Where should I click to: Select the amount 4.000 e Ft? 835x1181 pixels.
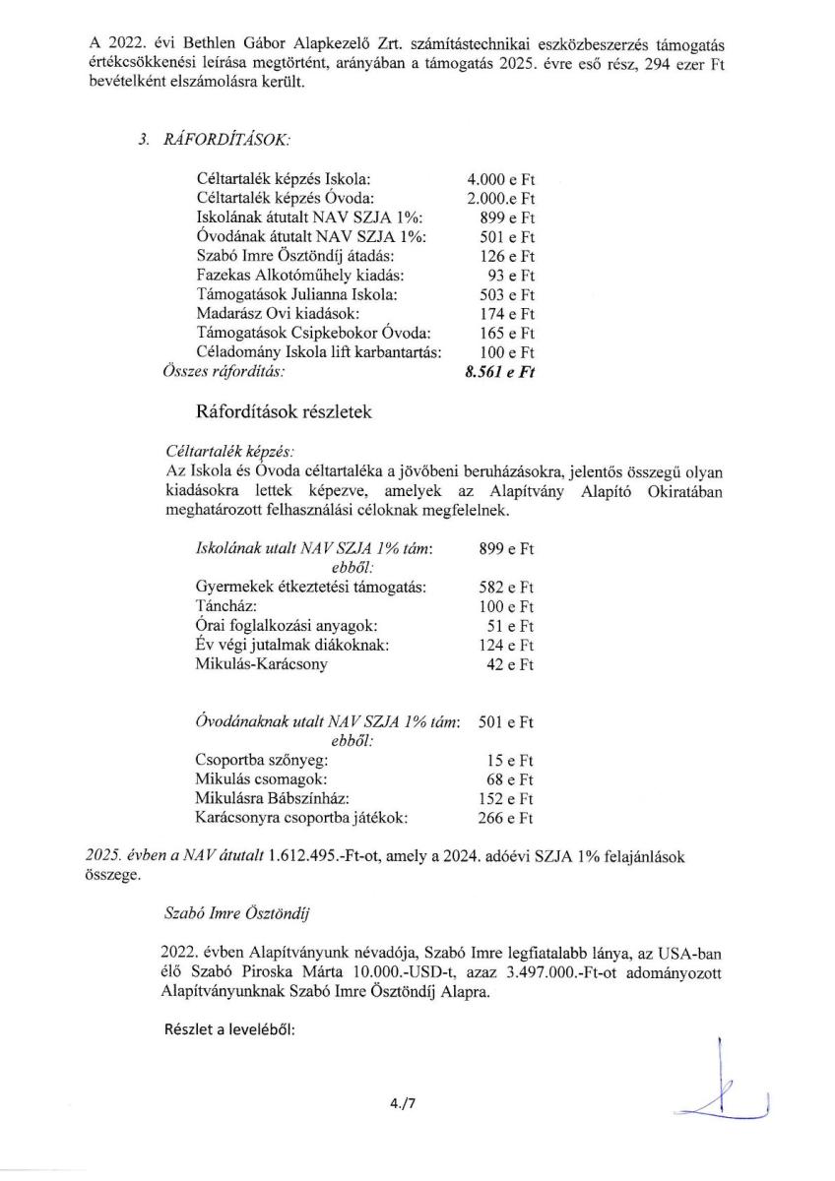coord(501,180)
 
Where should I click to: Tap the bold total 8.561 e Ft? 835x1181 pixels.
coord(501,372)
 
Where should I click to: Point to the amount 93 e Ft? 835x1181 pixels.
coord(510,276)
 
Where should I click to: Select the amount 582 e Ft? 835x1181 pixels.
coord(505,588)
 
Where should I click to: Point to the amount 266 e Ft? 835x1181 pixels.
coord(505,818)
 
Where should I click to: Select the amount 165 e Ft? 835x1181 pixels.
coord(505,334)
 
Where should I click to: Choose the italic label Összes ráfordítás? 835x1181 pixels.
coord(216,372)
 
